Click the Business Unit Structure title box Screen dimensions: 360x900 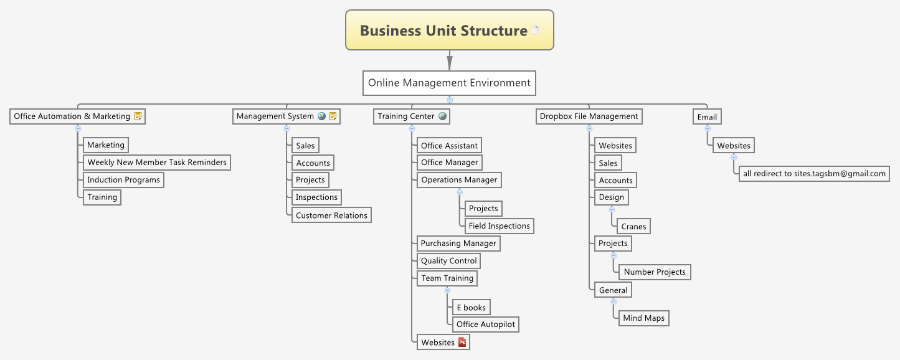449,30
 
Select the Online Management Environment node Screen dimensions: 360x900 449,83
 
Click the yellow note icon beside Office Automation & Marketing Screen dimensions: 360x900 138,116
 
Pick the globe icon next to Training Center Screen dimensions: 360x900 442,116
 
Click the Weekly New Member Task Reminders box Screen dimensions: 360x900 157,163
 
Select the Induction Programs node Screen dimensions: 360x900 123,180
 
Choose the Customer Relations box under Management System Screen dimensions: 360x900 331,216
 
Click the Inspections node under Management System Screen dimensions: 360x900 316,197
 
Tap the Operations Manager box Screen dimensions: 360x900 459,180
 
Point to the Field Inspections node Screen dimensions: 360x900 499,226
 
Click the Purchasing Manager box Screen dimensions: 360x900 458,244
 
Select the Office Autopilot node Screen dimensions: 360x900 485,324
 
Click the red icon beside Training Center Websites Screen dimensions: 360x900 462,342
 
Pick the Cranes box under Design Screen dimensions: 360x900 633,227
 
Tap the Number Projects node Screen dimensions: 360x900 654,272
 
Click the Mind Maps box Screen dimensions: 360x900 643,318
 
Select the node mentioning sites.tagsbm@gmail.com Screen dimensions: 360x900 813,174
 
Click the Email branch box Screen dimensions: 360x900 707,116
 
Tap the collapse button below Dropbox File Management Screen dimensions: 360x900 589,128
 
